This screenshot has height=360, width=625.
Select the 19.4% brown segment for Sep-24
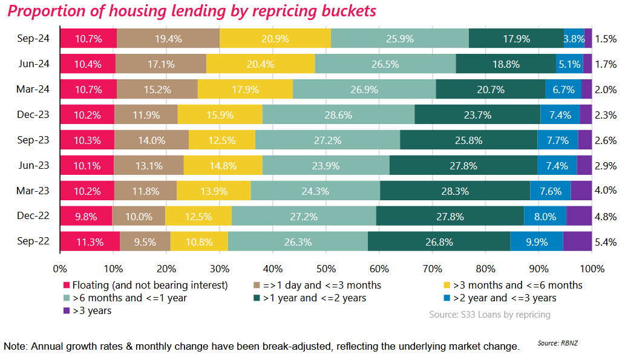click(x=168, y=38)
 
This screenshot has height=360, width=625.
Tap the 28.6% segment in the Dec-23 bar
click(x=338, y=114)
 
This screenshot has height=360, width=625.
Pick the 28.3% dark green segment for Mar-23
click(x=455, y=190)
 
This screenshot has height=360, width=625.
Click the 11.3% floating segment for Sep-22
click(x=89, y=241)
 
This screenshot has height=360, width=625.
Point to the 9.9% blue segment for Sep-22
click(x=536, y=241)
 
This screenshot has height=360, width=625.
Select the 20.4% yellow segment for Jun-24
click(x=260, y=64)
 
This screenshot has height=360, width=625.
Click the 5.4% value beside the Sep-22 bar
click(x=605, y=242)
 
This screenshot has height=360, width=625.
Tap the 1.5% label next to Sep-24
click(x=605, y=39)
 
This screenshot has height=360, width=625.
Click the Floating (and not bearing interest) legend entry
click(x=145, y=285)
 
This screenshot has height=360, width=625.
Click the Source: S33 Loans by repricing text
click(x=489, y=315)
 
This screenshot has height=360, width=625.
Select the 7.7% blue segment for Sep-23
click(x=557, y=140)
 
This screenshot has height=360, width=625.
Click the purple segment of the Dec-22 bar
click(x=578, y=216)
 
